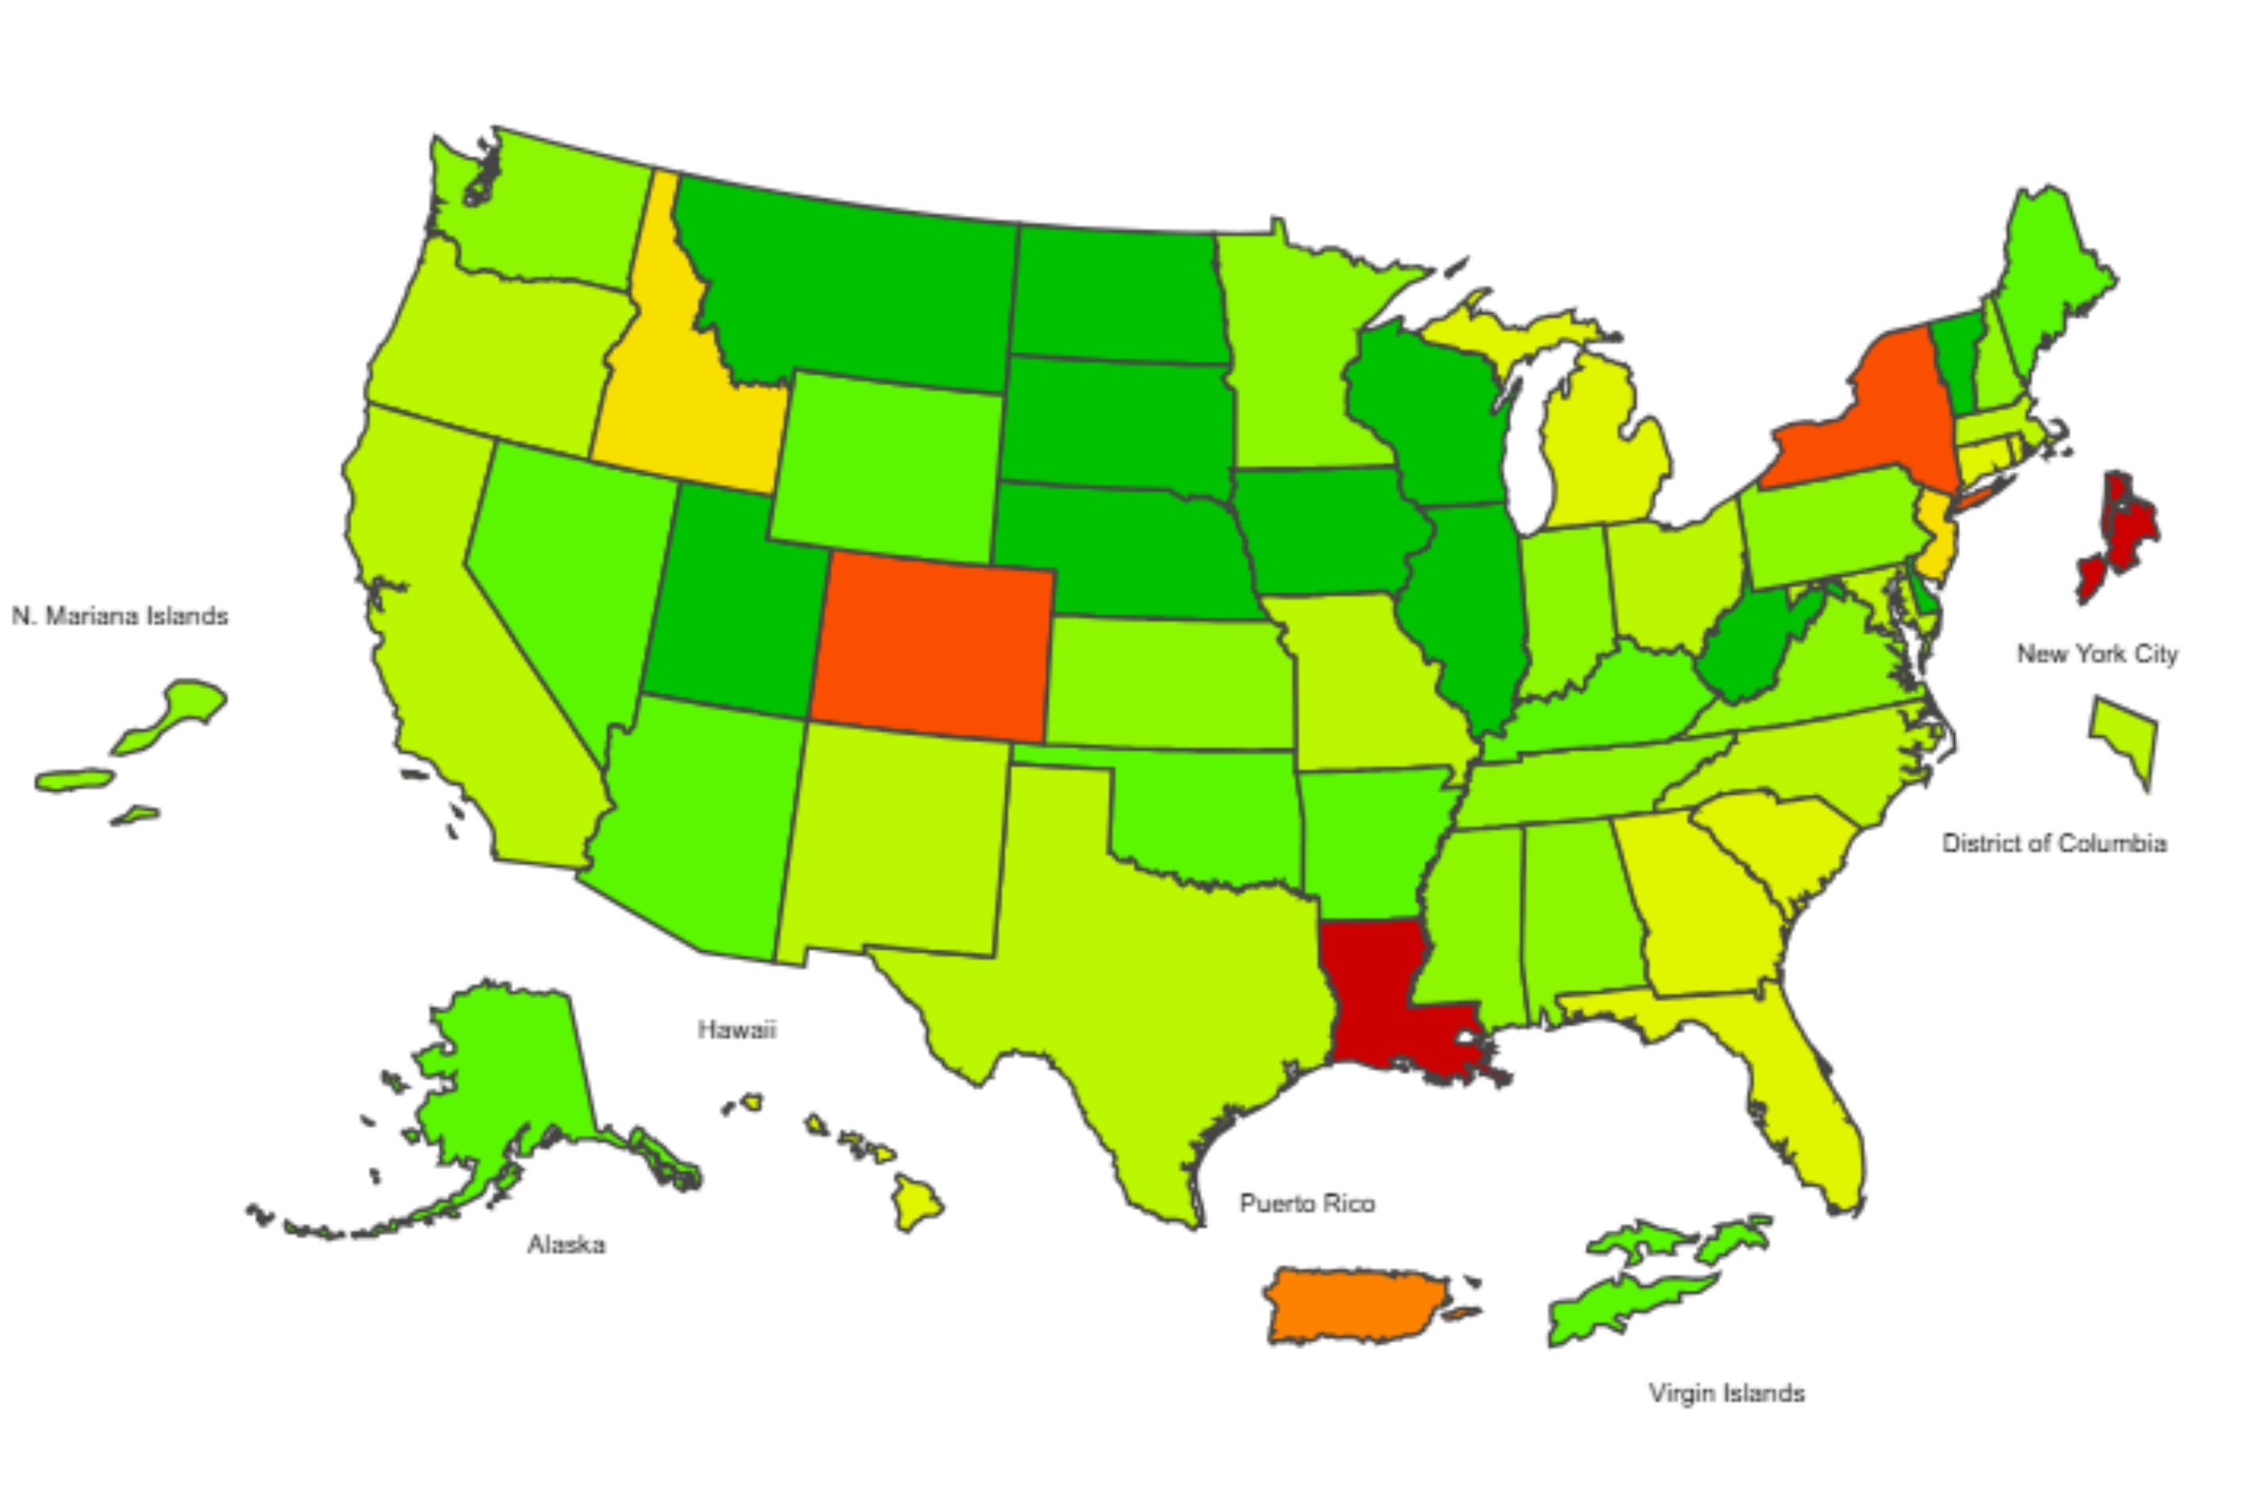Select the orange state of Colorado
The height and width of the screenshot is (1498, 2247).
tap(932, 645)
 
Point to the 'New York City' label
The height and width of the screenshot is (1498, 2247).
tap(2097, 655)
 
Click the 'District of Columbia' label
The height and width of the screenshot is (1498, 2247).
tap(2054, 843)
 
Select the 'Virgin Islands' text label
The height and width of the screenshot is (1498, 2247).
tap(1726, 1393)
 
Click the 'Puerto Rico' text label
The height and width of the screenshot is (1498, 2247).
tap(1307, 1204)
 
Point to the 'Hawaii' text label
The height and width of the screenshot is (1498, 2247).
tap(736, 1030)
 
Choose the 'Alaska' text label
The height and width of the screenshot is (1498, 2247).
tap(566, 1245)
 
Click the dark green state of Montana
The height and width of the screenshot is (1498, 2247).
tap(850, 287)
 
